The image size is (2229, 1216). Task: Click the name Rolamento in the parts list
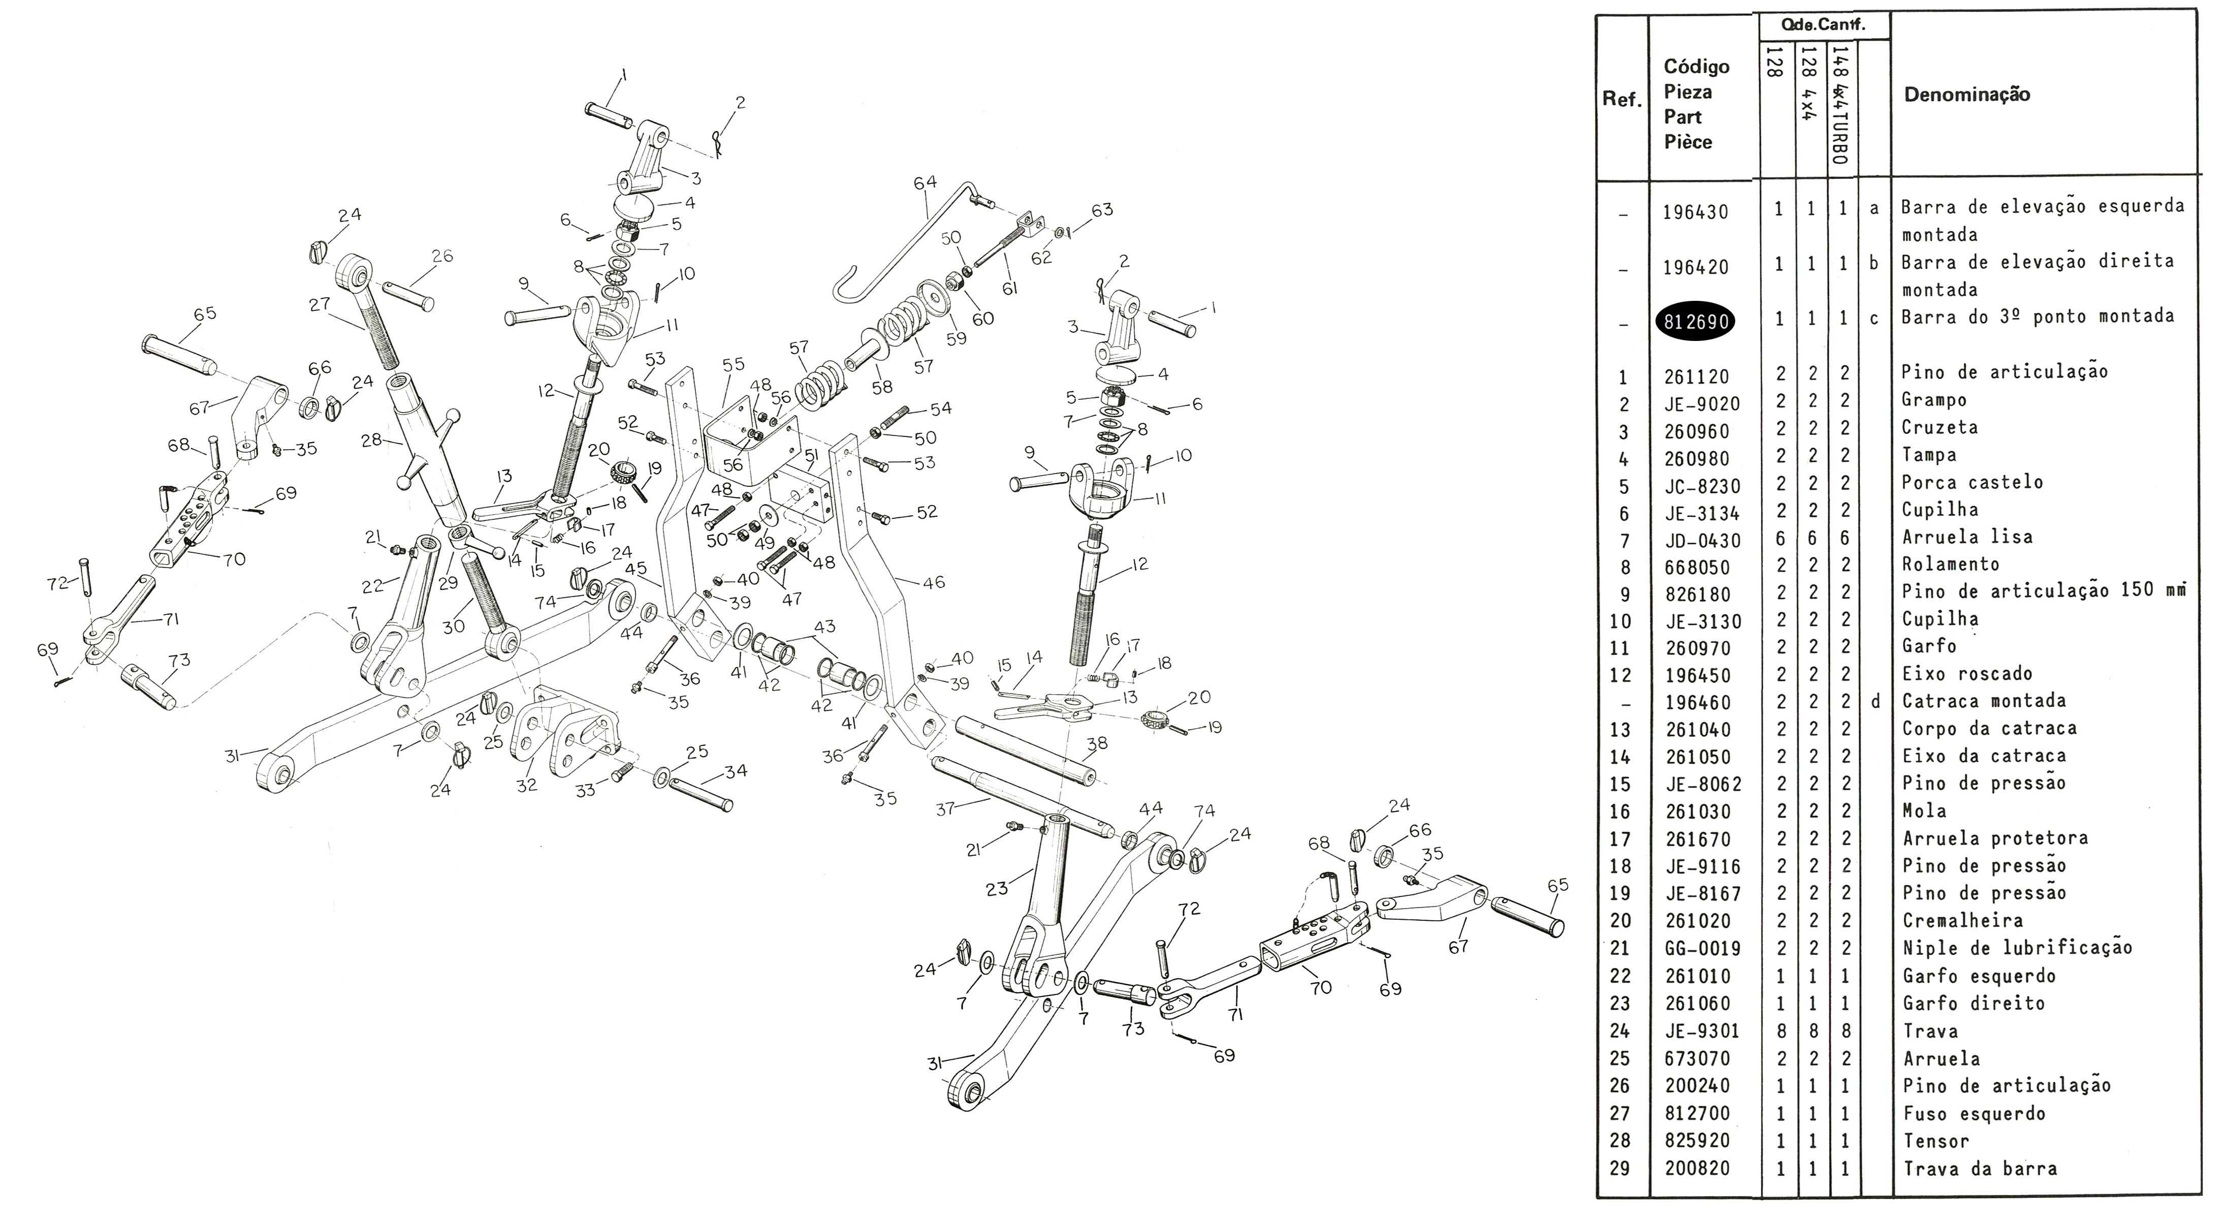[x=1951, y=564]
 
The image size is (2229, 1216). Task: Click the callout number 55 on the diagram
[x=733, y=364]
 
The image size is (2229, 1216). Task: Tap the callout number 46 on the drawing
[x=934, y=582]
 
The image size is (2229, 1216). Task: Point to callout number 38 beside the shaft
[x=1096, y=743]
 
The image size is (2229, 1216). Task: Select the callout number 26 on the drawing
[x=442, y=256]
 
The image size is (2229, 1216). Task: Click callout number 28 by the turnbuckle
[x=371, y=441]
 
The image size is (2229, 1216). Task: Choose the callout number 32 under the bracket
[x=526, y=785]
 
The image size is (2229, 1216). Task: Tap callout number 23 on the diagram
[x=997, y=889]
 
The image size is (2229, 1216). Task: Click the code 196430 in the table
[x=1695, y=212]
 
